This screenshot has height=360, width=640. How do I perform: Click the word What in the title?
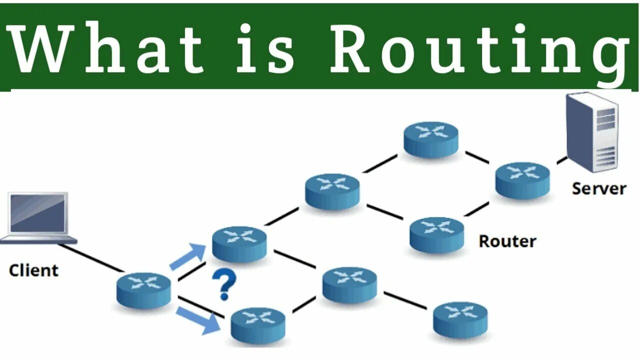pos(107,48)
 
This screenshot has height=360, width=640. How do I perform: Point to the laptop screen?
pos(38,213)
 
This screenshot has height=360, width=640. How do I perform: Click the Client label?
pos(33,270)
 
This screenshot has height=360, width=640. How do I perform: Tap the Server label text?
pos(598,188)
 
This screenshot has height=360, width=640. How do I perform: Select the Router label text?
pos(507,241)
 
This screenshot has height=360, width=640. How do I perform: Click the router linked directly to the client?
pos(144,290)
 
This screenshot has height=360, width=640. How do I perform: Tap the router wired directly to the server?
pos(522,180)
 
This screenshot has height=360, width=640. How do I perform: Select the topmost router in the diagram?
pos(431,139)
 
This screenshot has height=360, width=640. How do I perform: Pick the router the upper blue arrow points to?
pos(239,244)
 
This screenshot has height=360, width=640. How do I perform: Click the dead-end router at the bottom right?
pos(460,319)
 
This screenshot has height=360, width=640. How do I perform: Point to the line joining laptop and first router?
pos(90,258)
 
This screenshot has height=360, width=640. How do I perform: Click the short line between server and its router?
pos(561,160)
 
